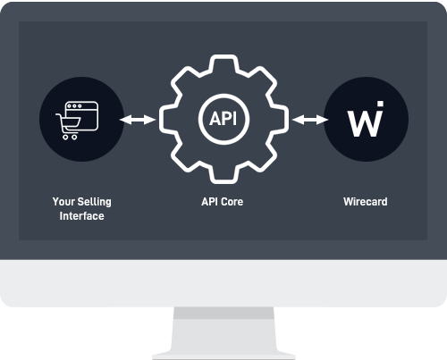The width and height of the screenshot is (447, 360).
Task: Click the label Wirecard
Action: [365, 202]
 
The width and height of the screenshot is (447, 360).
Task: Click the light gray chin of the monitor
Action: [223, 277]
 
